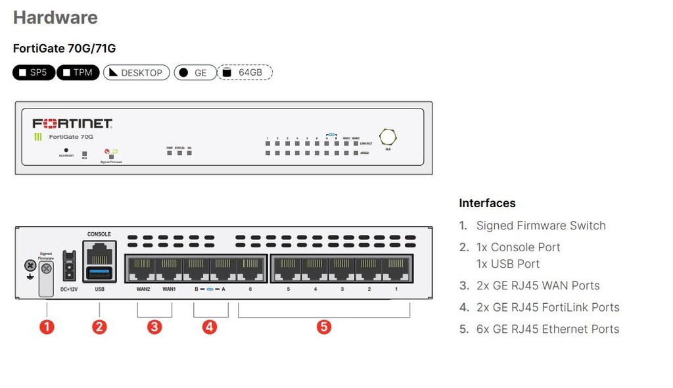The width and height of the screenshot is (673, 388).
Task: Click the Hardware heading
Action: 55,18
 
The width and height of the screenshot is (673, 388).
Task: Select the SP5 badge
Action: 33,72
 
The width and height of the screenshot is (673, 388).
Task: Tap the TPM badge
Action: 78,72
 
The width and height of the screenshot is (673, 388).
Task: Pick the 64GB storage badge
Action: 244,72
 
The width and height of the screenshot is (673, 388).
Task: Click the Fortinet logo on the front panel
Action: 72,124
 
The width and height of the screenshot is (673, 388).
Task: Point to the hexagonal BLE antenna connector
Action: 388,137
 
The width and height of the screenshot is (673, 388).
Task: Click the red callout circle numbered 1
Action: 46,327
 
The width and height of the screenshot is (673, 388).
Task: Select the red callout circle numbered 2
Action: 99,327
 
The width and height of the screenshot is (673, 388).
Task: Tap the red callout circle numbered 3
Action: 154,327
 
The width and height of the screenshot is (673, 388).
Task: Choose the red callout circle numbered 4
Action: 210,327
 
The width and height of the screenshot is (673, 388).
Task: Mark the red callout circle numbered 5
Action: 323,327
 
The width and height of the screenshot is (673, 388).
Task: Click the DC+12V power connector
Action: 68,266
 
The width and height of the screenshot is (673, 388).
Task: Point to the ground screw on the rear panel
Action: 29,266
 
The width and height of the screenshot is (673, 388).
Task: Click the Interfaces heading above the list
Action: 487,203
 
